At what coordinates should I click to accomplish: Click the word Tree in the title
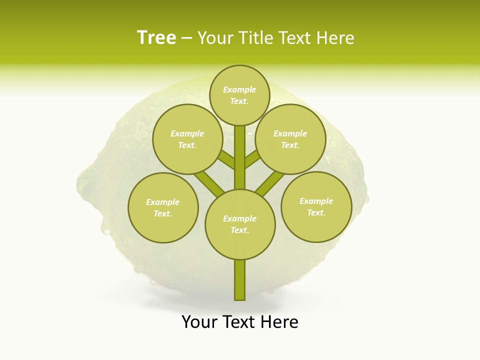[x=156, y=37]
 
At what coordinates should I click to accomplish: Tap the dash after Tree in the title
[x=186, y=38]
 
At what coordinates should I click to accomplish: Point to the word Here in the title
[x=336, y=38]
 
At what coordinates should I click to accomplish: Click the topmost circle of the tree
[x=239, y=95]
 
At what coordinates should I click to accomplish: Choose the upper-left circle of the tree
[x=187, y=139]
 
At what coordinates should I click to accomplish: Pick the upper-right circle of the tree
[x=290, y=139]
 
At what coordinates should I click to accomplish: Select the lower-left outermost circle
[x=163, y=207]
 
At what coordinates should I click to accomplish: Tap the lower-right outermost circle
[x=316, y=206]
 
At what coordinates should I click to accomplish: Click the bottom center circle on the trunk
[x=240, y=224]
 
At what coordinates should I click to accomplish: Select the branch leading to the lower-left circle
[x=208, y=183]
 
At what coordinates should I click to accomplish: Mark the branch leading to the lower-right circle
[x=270, y=182]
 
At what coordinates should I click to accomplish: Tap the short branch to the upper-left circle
[x=227, y=161]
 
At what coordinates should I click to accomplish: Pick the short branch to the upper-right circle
[x=252, y=159]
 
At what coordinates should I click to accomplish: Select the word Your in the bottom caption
[x=199, y=322]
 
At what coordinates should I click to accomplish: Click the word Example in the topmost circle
[x=239, y=89]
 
